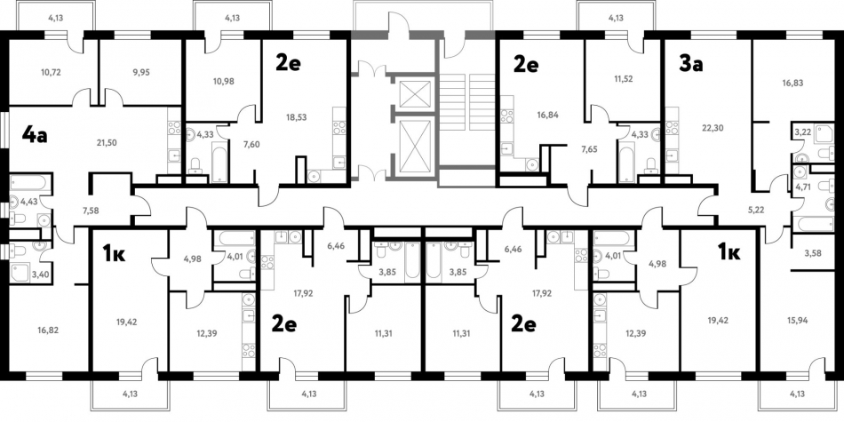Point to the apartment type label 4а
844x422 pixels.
tap(34, 136)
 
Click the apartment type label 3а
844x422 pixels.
tap(690, 65)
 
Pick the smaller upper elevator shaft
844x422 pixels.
tap(414, 93)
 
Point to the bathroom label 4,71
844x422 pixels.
tap(803, 187)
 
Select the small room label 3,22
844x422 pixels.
tap(803, 131)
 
